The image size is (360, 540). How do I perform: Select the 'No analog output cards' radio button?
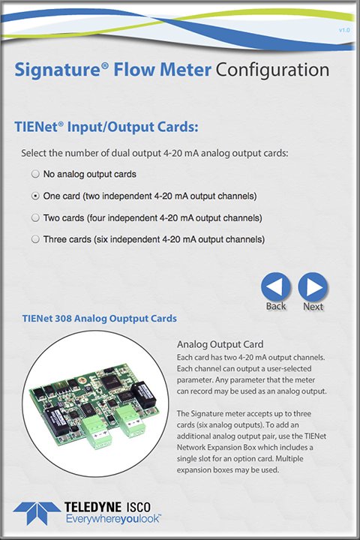[x=35, y=174]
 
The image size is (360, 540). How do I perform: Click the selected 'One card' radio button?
[x=35, y=196]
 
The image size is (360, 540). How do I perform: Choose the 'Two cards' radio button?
[x=35, y=217]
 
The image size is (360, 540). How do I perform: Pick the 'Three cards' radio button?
[x=35, y=239]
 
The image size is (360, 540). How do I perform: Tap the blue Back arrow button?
[x=276, y=286]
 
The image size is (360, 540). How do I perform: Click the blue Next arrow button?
[x=313, y=286]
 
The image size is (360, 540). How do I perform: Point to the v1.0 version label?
[x=344, y=30]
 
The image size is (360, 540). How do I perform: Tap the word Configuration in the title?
[x=272, y=70]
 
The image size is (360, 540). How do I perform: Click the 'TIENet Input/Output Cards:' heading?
[x=106, y=127]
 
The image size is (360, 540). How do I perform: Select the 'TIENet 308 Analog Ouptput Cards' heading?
[x=100, y=318]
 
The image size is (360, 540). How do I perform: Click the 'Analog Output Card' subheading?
[x=220, y=344]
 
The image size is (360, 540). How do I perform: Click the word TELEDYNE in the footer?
[x=93, y=507]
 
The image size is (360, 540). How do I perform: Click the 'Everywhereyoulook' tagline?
[x=113, y=519]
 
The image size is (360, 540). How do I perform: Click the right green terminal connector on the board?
[x=130, y=421]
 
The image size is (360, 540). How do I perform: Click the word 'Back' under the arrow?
[x=276, y=306]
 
